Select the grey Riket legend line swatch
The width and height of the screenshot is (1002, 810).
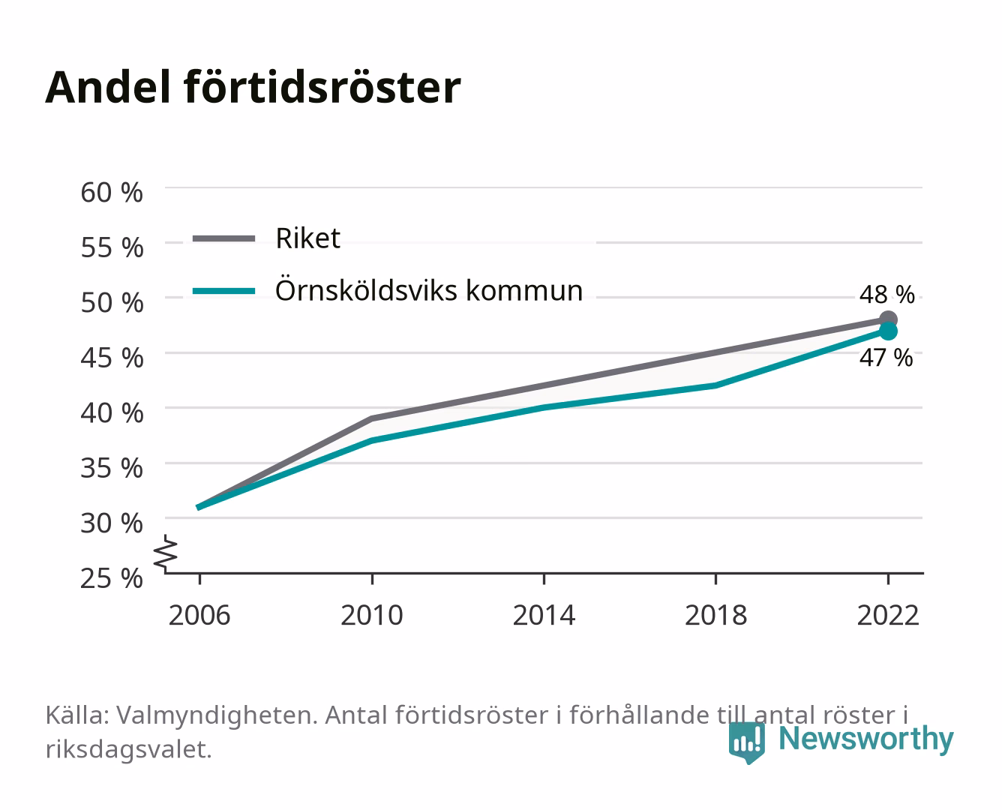coord(224,238)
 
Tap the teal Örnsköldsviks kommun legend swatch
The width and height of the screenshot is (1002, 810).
coord(224,291)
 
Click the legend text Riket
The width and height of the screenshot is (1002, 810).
coord(307,238)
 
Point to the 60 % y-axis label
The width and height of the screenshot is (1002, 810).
coord(112,193)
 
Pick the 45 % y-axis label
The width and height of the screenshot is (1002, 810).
coord(112,358)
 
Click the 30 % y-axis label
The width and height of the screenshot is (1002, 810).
coord(112,523)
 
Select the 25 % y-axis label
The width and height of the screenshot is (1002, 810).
coord(112,578)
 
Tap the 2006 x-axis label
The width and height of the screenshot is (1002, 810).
coord(199,615)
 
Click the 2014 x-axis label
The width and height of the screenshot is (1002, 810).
coord(544,615)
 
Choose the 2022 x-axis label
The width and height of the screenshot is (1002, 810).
coord(888,615)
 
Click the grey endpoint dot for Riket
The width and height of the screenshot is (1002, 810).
coord(888,319)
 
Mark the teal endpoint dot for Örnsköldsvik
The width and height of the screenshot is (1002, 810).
coord(888,331)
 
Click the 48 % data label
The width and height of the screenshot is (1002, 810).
coord(887,295)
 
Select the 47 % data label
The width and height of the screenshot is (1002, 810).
coord(886,358)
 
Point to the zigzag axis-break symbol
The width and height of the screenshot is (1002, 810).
coord(166,553)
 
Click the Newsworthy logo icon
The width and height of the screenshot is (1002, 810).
coord(746,742)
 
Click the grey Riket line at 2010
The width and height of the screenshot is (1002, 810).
coord(372,418)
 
